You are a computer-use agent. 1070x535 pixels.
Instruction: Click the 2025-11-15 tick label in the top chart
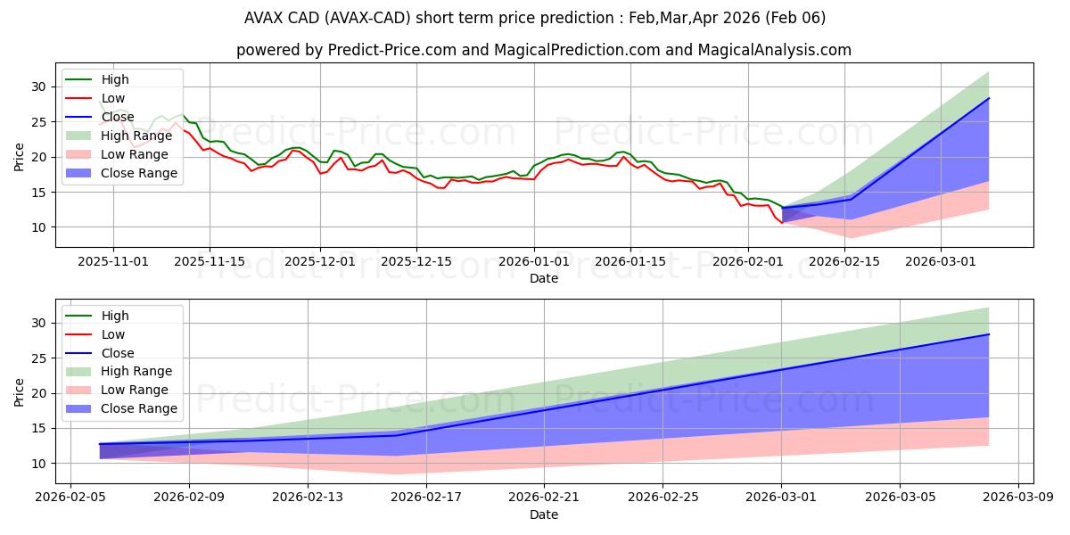tap(210, 261)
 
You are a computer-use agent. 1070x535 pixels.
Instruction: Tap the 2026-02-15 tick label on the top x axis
tap(844, 261)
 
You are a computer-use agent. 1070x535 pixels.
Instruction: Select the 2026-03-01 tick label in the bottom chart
tap(781, 498)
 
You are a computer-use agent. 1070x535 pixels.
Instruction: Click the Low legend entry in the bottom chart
tap(113, 334)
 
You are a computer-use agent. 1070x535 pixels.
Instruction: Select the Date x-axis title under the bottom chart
tap(544, 514)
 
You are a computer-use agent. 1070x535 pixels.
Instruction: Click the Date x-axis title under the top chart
tap(544, 278)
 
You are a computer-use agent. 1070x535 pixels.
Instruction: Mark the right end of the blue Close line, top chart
tap(989, 98)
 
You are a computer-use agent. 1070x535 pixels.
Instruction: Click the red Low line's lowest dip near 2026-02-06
tap(782, 222)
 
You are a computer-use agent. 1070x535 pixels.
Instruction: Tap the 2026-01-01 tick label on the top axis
tap(534, 261)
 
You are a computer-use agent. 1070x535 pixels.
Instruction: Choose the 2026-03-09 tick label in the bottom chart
tap(1018, 498)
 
